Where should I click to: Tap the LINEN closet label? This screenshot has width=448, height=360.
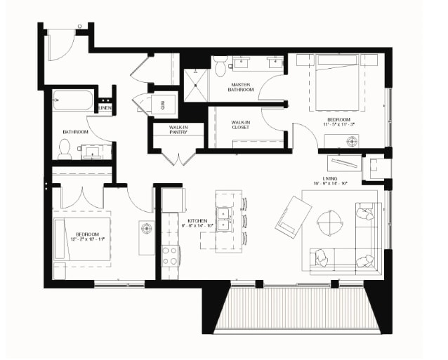[x=105, y=109]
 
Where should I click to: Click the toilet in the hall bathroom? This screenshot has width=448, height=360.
[x=65, y=147]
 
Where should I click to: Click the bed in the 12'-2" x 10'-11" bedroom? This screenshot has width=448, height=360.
[x=82, y=239]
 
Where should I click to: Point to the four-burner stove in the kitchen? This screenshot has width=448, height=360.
[x=169, y=255]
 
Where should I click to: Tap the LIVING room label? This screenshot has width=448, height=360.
[x=331, y=179]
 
